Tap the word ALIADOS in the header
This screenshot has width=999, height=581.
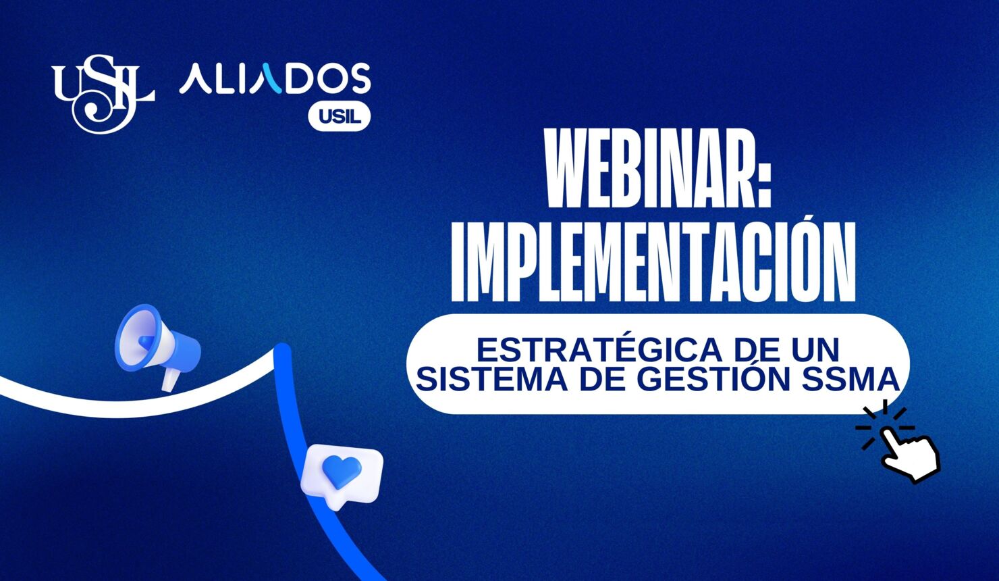point(275,79)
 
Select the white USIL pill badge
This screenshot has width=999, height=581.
point(340,117)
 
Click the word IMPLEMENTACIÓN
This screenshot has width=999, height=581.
point(653,261)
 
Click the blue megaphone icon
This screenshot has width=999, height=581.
point(155,343)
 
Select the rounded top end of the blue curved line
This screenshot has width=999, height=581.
point(282,351)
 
